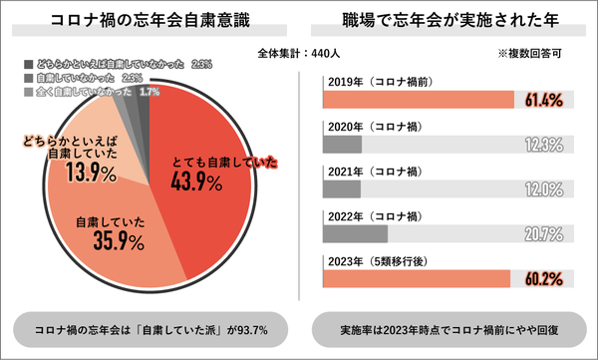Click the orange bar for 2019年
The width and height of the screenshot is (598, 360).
[419, 99]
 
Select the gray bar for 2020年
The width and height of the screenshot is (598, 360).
[343, 145]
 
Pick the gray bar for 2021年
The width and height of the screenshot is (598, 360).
[342, 189]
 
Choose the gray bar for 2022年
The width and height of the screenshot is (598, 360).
[356, 233]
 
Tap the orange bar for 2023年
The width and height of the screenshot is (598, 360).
[417, 278]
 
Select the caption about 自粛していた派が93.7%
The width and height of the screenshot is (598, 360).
[149, 328]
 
